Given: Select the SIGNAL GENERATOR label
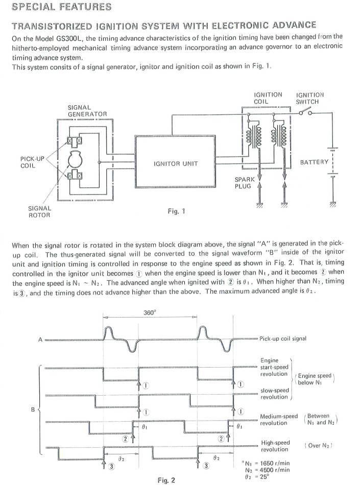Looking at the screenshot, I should pyautogui.click(x=87, y=110).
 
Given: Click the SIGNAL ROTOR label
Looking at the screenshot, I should pyautogui.click(x=39, y=211).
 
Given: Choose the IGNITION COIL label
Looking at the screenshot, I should pyautogui.click(x=268, y=98).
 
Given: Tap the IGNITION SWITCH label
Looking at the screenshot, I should pyautogui.click(x=310, y=98).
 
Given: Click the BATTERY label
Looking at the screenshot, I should pyautogui.click(x=314, y=162).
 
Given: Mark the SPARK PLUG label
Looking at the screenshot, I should pyautogui.click(x=245, y=183).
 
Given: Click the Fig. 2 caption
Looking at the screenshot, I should pyautogui.click(x=166, y=480).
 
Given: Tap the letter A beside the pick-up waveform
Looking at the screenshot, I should pyautogui.click(x=40, y=340).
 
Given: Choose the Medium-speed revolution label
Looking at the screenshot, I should pyautogui.click(x=278, y=420).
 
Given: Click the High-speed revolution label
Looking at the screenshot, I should pyautogui.click(x=275, y=446).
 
